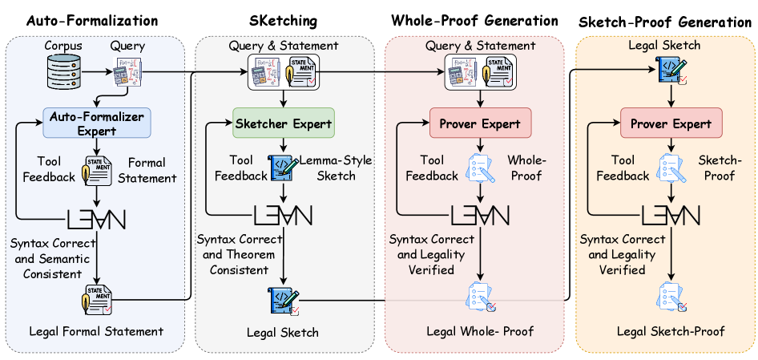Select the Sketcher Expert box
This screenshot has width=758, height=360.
pyautogui.click(x=284, y=123)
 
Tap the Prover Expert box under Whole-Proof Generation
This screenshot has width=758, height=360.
pyautogui.click(x=479, y=123)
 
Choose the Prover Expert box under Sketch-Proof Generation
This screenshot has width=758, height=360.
pyautogui.click(x=672, y=123)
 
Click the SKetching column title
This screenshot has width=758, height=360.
pyautogui.click(x=284, y=20)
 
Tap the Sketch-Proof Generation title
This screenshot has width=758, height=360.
pyautogui.click(x=665, y=22)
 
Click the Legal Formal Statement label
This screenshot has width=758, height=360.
pyautogui.click(x=95, y=331)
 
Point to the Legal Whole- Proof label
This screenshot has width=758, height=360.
pyautogui.click(x=479, y=331)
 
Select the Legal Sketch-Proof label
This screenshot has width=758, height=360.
pyautogui.click(x=671, y=331)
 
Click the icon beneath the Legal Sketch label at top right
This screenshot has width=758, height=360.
pyautogui.click(x=671, y=71)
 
